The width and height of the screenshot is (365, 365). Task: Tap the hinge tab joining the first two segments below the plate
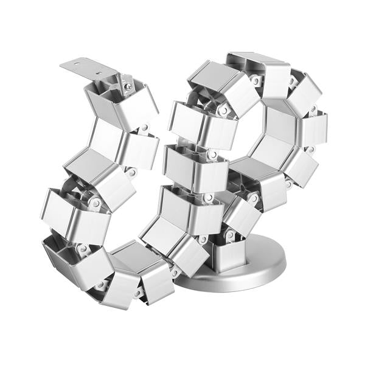point(145,128)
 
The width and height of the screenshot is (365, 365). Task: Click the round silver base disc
point(243,268)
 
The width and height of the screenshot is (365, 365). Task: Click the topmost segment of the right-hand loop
point(258,71)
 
